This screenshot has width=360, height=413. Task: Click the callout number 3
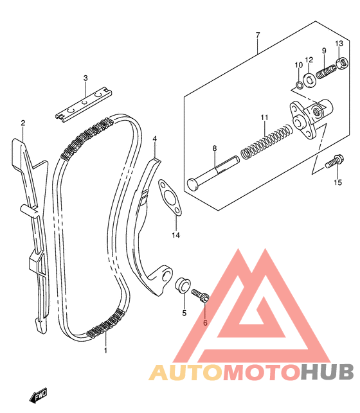tap(85, 78)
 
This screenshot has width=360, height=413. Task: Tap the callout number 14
tap(175, 235)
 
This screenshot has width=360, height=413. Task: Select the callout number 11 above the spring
tap(264, 118)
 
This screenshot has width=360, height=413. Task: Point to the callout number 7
tap(258, 35)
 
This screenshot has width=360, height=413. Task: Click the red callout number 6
tap(205, 322)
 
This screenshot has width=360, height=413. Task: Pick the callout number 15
tap(337, 182)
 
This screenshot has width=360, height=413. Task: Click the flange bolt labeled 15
tap(334, 161)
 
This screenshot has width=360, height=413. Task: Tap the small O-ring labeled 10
tap(299, 85)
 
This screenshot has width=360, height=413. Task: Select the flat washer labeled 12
tap(310, 80)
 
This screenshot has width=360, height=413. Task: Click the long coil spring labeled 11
tap(267, 142)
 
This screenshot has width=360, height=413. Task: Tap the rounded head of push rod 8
tap(193, 184)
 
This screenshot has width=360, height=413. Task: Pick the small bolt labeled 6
tap(200, 295)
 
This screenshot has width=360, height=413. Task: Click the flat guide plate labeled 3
tap(84, 105)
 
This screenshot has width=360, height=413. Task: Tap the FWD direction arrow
tap(38, 395)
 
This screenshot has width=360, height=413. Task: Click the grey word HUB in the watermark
tap(327, 373)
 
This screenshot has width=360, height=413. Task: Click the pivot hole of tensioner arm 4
tap(166, 276)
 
